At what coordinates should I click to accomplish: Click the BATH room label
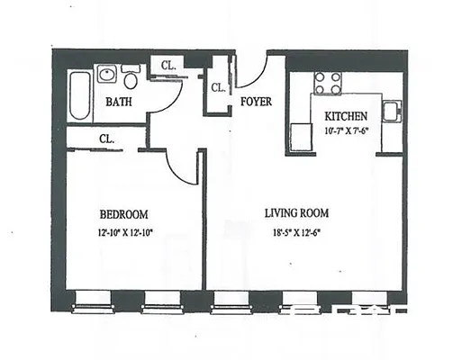click(119, 102)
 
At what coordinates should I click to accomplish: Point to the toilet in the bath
click(131, 74)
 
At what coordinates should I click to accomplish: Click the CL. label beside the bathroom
click(168, 66)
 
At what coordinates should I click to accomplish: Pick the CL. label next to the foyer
click(218, 88)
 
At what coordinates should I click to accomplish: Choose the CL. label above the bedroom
click(106, 139)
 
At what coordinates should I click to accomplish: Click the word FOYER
click(256, 102)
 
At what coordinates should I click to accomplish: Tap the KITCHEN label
click(345, 117)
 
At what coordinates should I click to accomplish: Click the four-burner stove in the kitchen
click(328, 83)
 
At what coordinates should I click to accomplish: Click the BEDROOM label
click(123, 214)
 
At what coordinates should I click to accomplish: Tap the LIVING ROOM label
click(296, 213)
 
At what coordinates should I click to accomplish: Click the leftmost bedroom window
click(89, 301)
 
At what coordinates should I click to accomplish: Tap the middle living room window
click(296, 301)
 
